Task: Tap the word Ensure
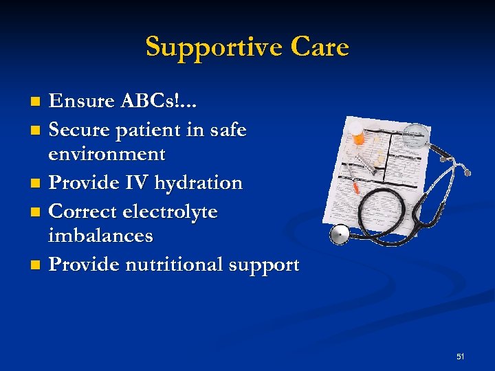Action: click(x=82, y=102)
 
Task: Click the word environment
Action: click(x=107, y=155)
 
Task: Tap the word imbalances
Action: click(x=100, y=236)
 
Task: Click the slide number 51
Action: click(x=460, y=357)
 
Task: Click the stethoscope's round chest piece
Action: click(x=340, y=234)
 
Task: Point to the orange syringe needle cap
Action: click(x=356, y=185)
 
